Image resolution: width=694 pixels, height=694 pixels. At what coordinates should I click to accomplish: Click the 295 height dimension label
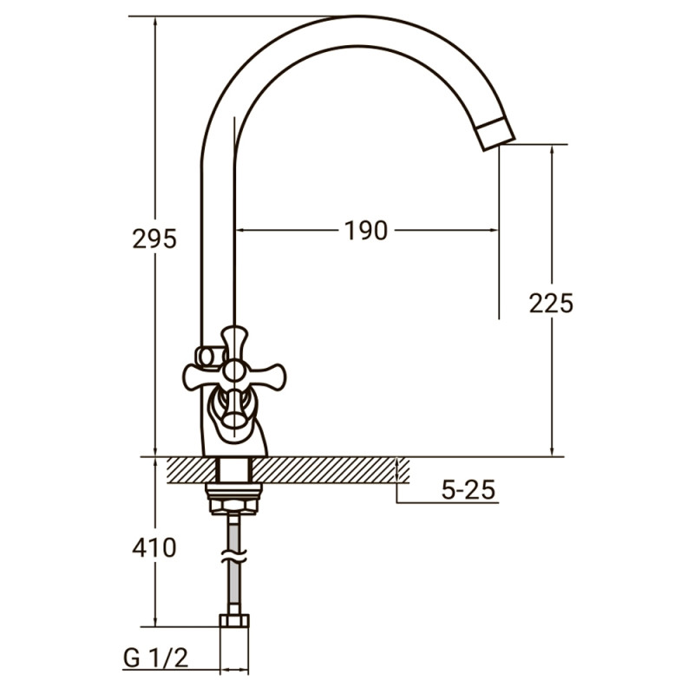click(154, 239)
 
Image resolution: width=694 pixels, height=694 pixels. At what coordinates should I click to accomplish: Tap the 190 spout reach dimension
click(364, 231)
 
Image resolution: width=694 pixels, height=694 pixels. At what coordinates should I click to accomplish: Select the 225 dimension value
click(552, 303)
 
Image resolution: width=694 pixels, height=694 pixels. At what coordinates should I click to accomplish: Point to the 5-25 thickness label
click(468, 491)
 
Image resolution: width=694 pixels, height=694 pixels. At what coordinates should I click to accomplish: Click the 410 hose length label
click(154, 547)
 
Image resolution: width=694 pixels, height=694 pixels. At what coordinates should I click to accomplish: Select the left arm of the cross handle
click(198, 375)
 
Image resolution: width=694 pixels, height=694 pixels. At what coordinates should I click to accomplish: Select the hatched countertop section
click(330, 468)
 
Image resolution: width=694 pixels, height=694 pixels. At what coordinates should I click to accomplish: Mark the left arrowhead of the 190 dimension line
click(242, 231)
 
